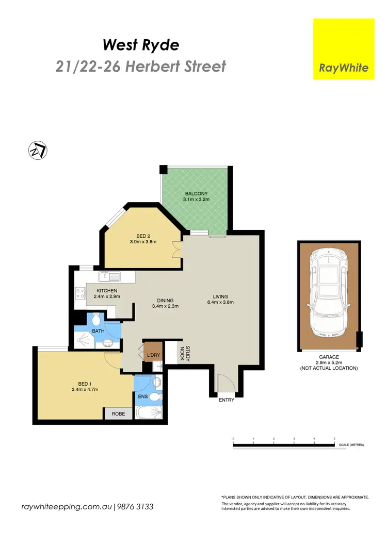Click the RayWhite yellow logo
344,49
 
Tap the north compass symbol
38,150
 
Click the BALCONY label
197,194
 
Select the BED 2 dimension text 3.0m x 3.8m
143,241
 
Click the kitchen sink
109,277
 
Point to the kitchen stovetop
80,294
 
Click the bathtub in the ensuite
149,413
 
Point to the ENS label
142,397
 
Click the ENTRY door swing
224,384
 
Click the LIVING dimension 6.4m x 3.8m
224,303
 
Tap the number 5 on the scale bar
334,438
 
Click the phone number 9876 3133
135,507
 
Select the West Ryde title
141,45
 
